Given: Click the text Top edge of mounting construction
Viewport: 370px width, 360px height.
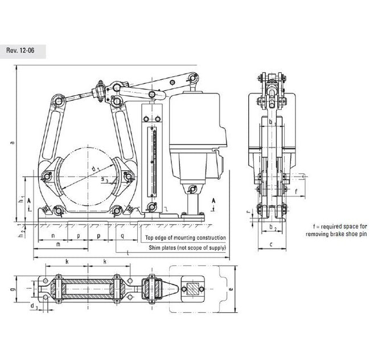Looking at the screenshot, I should point(185,238).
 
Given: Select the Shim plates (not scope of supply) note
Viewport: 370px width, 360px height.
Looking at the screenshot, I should point(185,248).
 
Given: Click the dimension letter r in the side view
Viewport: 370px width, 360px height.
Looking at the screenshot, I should point(248,211).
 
